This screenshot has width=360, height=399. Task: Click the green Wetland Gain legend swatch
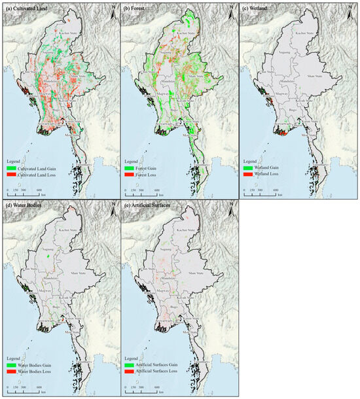pyautogui.click(x=249, y=168)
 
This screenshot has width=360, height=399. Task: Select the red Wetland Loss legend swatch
pyautogui.click(x=249, y=175)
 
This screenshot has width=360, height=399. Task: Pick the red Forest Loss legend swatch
pyautogui.click(x=130, y=175)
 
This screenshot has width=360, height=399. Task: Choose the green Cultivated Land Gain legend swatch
pyautogui.click(x=12, y=168)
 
